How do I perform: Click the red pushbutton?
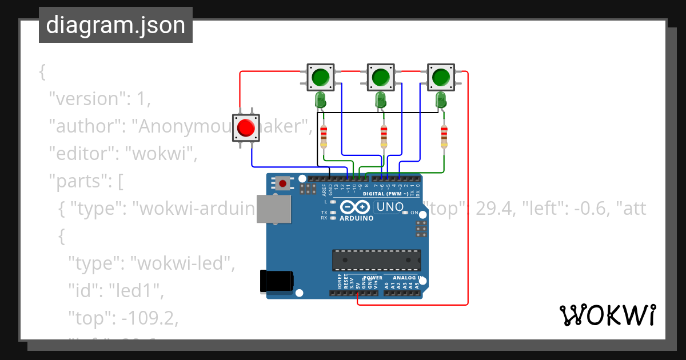[x=246, y=127]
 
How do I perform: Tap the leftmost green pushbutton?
[x=321, y=77]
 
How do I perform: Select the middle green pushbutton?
[x=380, y=77]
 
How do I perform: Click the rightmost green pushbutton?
[x=440, y=77]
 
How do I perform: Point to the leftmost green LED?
[x=321, y=100]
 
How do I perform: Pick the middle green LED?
[x=380, y=100]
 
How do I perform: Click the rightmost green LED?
[x=441, y=100]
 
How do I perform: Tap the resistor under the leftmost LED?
[x=324, y=135]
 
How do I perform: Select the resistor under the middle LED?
[x=384, y=135]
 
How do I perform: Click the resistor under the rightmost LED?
[x=444, y=135]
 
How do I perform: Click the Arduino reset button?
[x=282, y=183]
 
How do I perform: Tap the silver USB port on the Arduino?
[x=274, y=209]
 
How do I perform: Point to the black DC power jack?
[x=277, y=281]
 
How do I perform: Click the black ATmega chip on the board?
[x=377, y=260]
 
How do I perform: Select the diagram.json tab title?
[x=115, y=25]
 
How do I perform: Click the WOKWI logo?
[x=607, y=315]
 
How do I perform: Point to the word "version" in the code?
[x=86, y=98]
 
